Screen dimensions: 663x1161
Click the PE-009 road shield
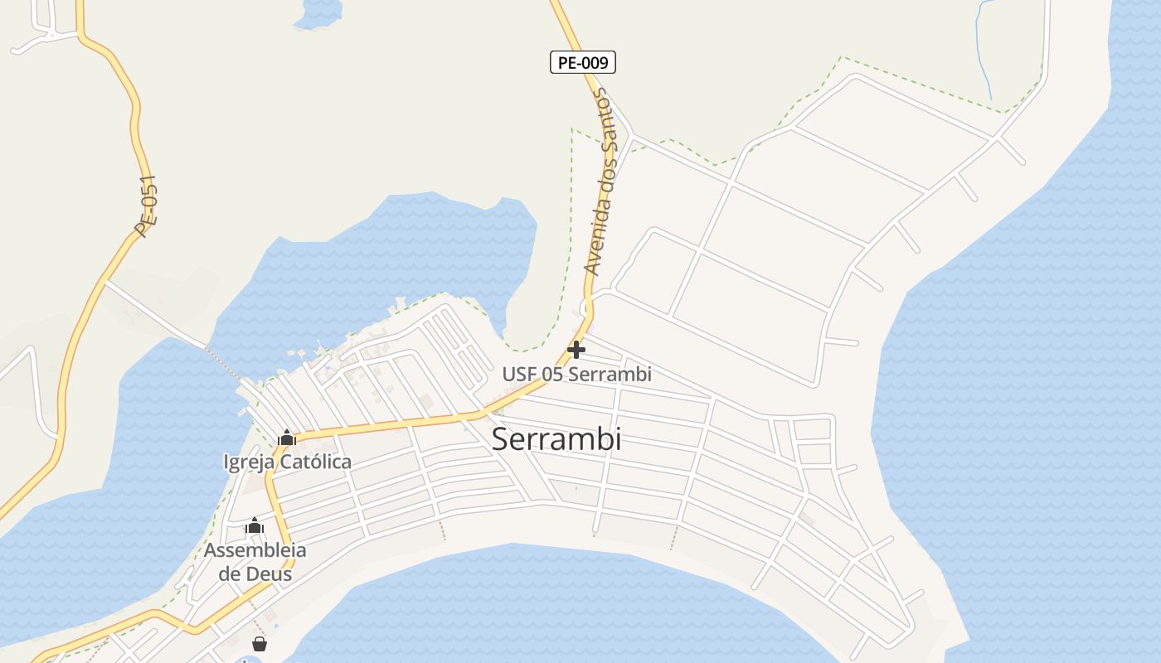(x=582, y=62)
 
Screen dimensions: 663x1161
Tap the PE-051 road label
(x=147, y=206)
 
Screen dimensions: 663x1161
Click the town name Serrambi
(x=556, y=439)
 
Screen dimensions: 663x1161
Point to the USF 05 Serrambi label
(x=576, y=375)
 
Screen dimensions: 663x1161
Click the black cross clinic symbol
(x=576, y=350)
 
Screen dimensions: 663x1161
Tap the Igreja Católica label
(x=287, y=462)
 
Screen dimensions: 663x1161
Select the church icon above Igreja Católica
(x=287, y=438)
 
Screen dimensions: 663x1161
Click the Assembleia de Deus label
(x=255, y=561)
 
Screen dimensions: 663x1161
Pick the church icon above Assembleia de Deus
(x=255, y=525)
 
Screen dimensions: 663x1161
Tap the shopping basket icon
(x=260, y=644)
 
